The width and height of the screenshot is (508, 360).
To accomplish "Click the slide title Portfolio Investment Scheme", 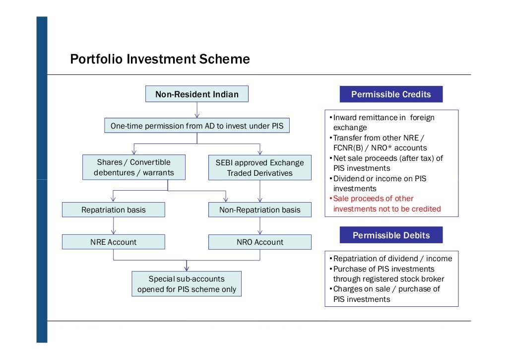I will coord(160,60).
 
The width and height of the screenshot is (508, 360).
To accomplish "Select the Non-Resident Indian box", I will coord(196,94).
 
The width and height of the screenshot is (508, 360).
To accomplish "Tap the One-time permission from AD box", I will coord(197,126).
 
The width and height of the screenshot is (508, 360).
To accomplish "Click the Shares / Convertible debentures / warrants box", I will coord(134,167).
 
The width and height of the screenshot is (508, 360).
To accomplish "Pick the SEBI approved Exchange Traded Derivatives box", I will coord(259,168).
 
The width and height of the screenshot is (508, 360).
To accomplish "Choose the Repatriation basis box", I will coord(114,210).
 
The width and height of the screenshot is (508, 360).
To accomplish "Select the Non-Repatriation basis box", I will coord(259,210).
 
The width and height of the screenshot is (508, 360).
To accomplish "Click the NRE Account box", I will coord(114,242).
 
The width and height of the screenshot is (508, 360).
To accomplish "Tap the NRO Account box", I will coord(259,242).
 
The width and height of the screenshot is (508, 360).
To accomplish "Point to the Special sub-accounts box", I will coord(187,284).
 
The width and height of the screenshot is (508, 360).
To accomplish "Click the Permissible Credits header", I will coord(391,94).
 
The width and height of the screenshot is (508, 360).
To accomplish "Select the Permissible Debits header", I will coord(391,235).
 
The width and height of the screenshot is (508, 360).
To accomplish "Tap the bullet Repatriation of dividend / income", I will coord(392,258).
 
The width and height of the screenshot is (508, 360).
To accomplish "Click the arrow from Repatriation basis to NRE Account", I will coord(114,226).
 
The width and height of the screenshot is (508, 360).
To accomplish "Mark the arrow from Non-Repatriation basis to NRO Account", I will coord(259,226).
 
